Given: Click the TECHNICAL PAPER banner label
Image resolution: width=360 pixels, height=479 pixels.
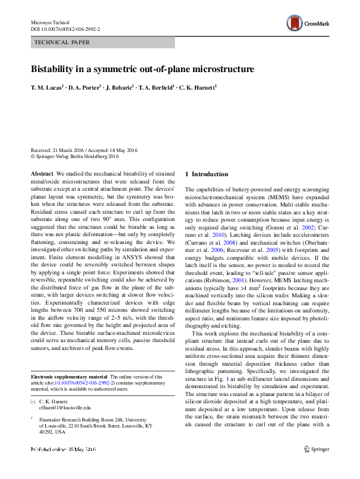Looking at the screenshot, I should [x=63, y=42].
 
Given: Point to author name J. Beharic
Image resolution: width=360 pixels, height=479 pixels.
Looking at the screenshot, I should [x=120, y=88].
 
